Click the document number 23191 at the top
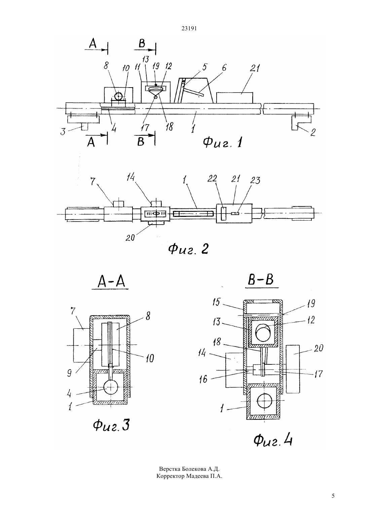[189, 29]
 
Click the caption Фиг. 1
[222, 142]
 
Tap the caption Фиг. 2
[188, 249]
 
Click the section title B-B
[261, 279]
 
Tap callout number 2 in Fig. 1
[312, 132]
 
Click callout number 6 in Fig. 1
[224, 68]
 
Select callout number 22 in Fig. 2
[212, 178]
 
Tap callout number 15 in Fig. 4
[216, 302]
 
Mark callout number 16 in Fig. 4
[203, 379]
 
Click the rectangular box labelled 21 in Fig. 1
[234, 98]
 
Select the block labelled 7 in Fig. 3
[82, 345]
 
